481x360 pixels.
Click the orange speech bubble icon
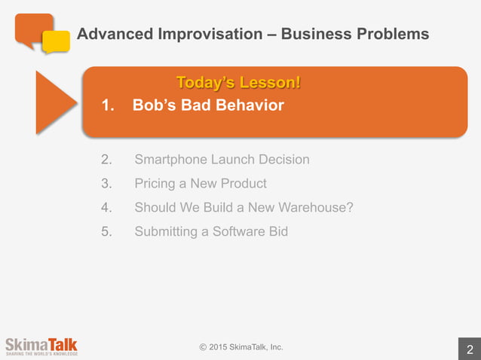point(32,28)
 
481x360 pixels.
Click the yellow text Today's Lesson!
point(237,82)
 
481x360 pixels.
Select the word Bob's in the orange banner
point(155,105)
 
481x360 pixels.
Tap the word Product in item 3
point(240,184)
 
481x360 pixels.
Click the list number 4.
point(106,207)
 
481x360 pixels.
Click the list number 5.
point(106,231)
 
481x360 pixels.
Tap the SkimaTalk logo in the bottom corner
point(41,345)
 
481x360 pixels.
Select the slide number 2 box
point(470,349)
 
